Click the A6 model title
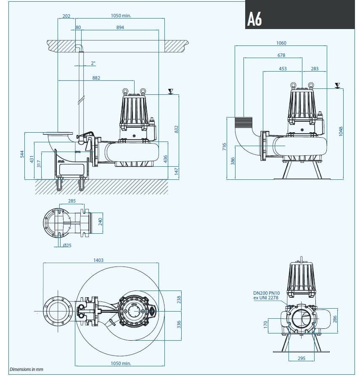point(255,19)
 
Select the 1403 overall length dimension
point(98,260)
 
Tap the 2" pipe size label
point(93,63)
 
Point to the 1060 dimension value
point(281,43)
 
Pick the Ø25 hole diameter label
point(67,245)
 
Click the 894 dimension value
point(120,27)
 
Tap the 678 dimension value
point(281,55)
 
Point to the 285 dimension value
point(72,201)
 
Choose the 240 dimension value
point(100,221)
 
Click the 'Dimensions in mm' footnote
point(26,369)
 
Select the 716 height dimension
point(225,147)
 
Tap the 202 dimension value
point(66,16)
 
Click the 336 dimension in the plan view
point(179,325)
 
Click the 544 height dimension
point(22,155)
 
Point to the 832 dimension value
point(177,129)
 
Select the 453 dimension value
point(283,68)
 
